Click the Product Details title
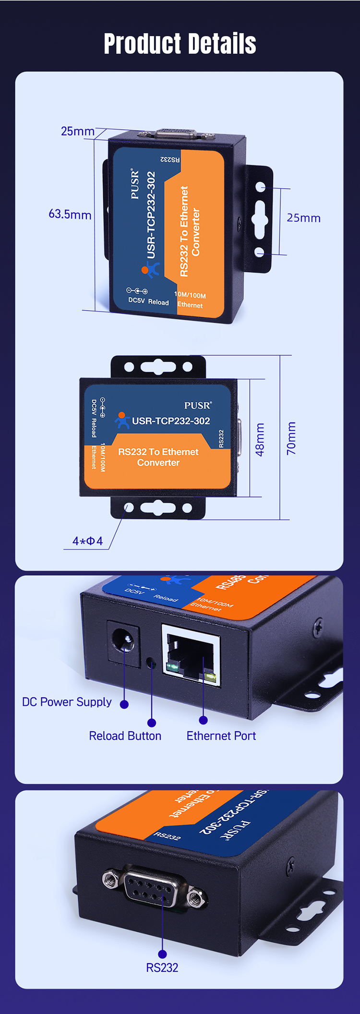[180, 44]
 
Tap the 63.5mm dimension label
[70, 214]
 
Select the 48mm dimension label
[260, 439]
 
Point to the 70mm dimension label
[291, 438]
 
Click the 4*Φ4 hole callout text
[87, 541]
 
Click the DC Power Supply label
[67, 702]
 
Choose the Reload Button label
[125, 736]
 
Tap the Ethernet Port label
[221, 736]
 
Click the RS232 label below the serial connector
[162, 967]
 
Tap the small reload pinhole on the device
[151, 664]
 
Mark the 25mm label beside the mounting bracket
[303, 218]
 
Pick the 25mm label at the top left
[77, 131]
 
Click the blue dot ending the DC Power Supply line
[124, 704]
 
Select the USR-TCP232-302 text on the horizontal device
[171, 421]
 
